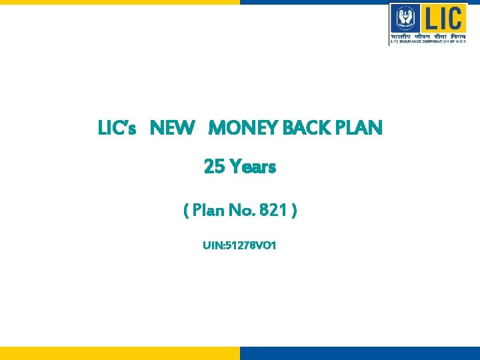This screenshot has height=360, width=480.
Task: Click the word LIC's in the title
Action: pyautogui.click(x=117, y=128)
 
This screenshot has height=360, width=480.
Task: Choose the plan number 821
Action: pyautogui.click(x=275, y=211)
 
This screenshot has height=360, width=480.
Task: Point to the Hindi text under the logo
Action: pyautogui.click(x=428, y=35)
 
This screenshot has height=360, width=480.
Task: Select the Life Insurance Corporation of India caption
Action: pyautogui.click(x=428, y=41)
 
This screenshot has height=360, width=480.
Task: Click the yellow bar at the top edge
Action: pyautogui.click(x=120, y=2)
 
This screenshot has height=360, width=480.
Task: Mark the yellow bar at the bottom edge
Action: pyautogui.click(x=120, y=353)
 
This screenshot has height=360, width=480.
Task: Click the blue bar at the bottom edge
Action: pyautogui.click(x=360, y=353)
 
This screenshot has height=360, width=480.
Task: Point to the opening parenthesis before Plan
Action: pyautogui.click(x=186, y=211)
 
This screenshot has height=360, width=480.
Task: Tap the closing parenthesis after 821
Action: pyautogui.click(x=294, y=211)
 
